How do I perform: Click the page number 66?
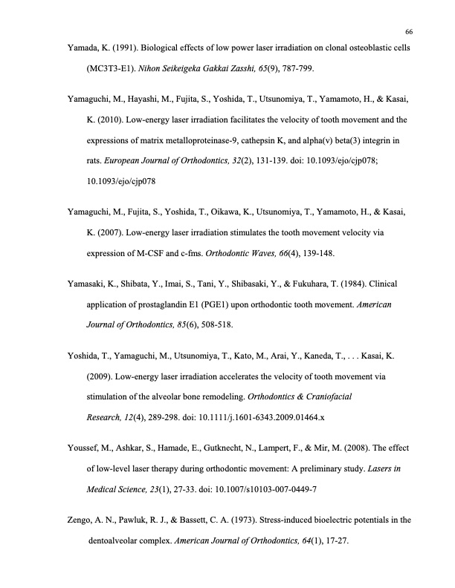point(409,32)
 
